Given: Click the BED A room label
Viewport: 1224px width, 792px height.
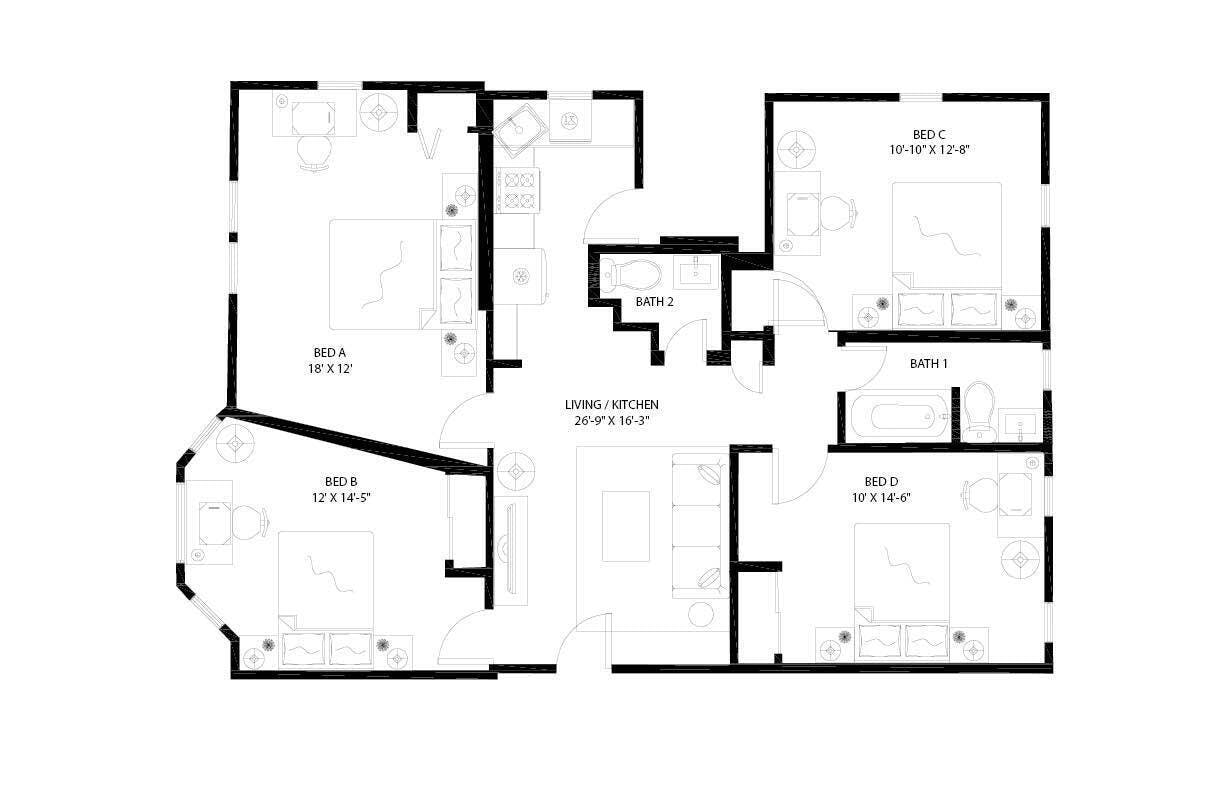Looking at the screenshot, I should pyautogui.click(x=329, y=352).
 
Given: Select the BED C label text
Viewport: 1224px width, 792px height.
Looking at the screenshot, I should pyautogui.click(x=929, y=134).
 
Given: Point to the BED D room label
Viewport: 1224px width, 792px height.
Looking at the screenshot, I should pyautogui.click(x=880, y=480).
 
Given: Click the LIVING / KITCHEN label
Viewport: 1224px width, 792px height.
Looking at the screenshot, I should pyautogui.click(x=611, y=404).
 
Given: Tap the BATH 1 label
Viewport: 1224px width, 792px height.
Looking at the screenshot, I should pyautogui.click(x=929, y=364).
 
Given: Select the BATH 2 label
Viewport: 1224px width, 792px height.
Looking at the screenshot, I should pyautogui.click(x=656, y=301).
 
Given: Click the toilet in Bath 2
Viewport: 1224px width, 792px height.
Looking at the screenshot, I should pyautogui.click(x=631, y=272).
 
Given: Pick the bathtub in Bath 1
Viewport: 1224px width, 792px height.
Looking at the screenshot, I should pyautogui.click(x=896, y=415).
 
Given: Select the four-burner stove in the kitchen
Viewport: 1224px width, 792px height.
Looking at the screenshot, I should pyautogui.click(x=518, y=190).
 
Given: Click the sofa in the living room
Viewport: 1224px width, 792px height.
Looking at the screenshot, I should pyautogui.click(x=699, y=525).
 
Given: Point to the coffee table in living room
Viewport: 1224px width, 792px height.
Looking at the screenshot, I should pyautogui.click(x=625, y=525).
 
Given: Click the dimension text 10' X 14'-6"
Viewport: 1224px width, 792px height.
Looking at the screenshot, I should pyautogui.click(x=880, y=496).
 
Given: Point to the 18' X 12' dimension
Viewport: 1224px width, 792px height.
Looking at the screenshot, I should pyautogui.click(x=329, y=368).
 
